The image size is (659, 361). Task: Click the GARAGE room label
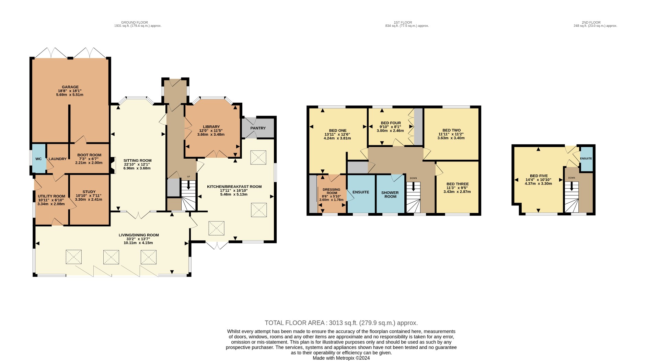70,87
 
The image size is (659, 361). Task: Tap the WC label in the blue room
38,159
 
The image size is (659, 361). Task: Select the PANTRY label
258,128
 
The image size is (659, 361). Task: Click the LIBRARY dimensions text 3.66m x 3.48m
211,134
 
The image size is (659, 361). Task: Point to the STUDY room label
89,192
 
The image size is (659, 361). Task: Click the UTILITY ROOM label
51,196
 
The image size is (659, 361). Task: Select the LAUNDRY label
57,159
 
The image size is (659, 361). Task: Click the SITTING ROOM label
137,160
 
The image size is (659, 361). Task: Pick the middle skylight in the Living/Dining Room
111,257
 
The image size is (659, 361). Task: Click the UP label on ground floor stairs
188,177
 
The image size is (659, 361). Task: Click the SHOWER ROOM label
390,194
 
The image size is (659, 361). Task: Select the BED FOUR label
391,123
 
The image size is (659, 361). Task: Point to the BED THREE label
457,184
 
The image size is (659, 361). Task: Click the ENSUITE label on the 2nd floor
586,158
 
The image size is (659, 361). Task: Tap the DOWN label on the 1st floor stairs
413,178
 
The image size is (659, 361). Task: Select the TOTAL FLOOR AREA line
341,323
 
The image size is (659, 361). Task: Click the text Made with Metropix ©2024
341,358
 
